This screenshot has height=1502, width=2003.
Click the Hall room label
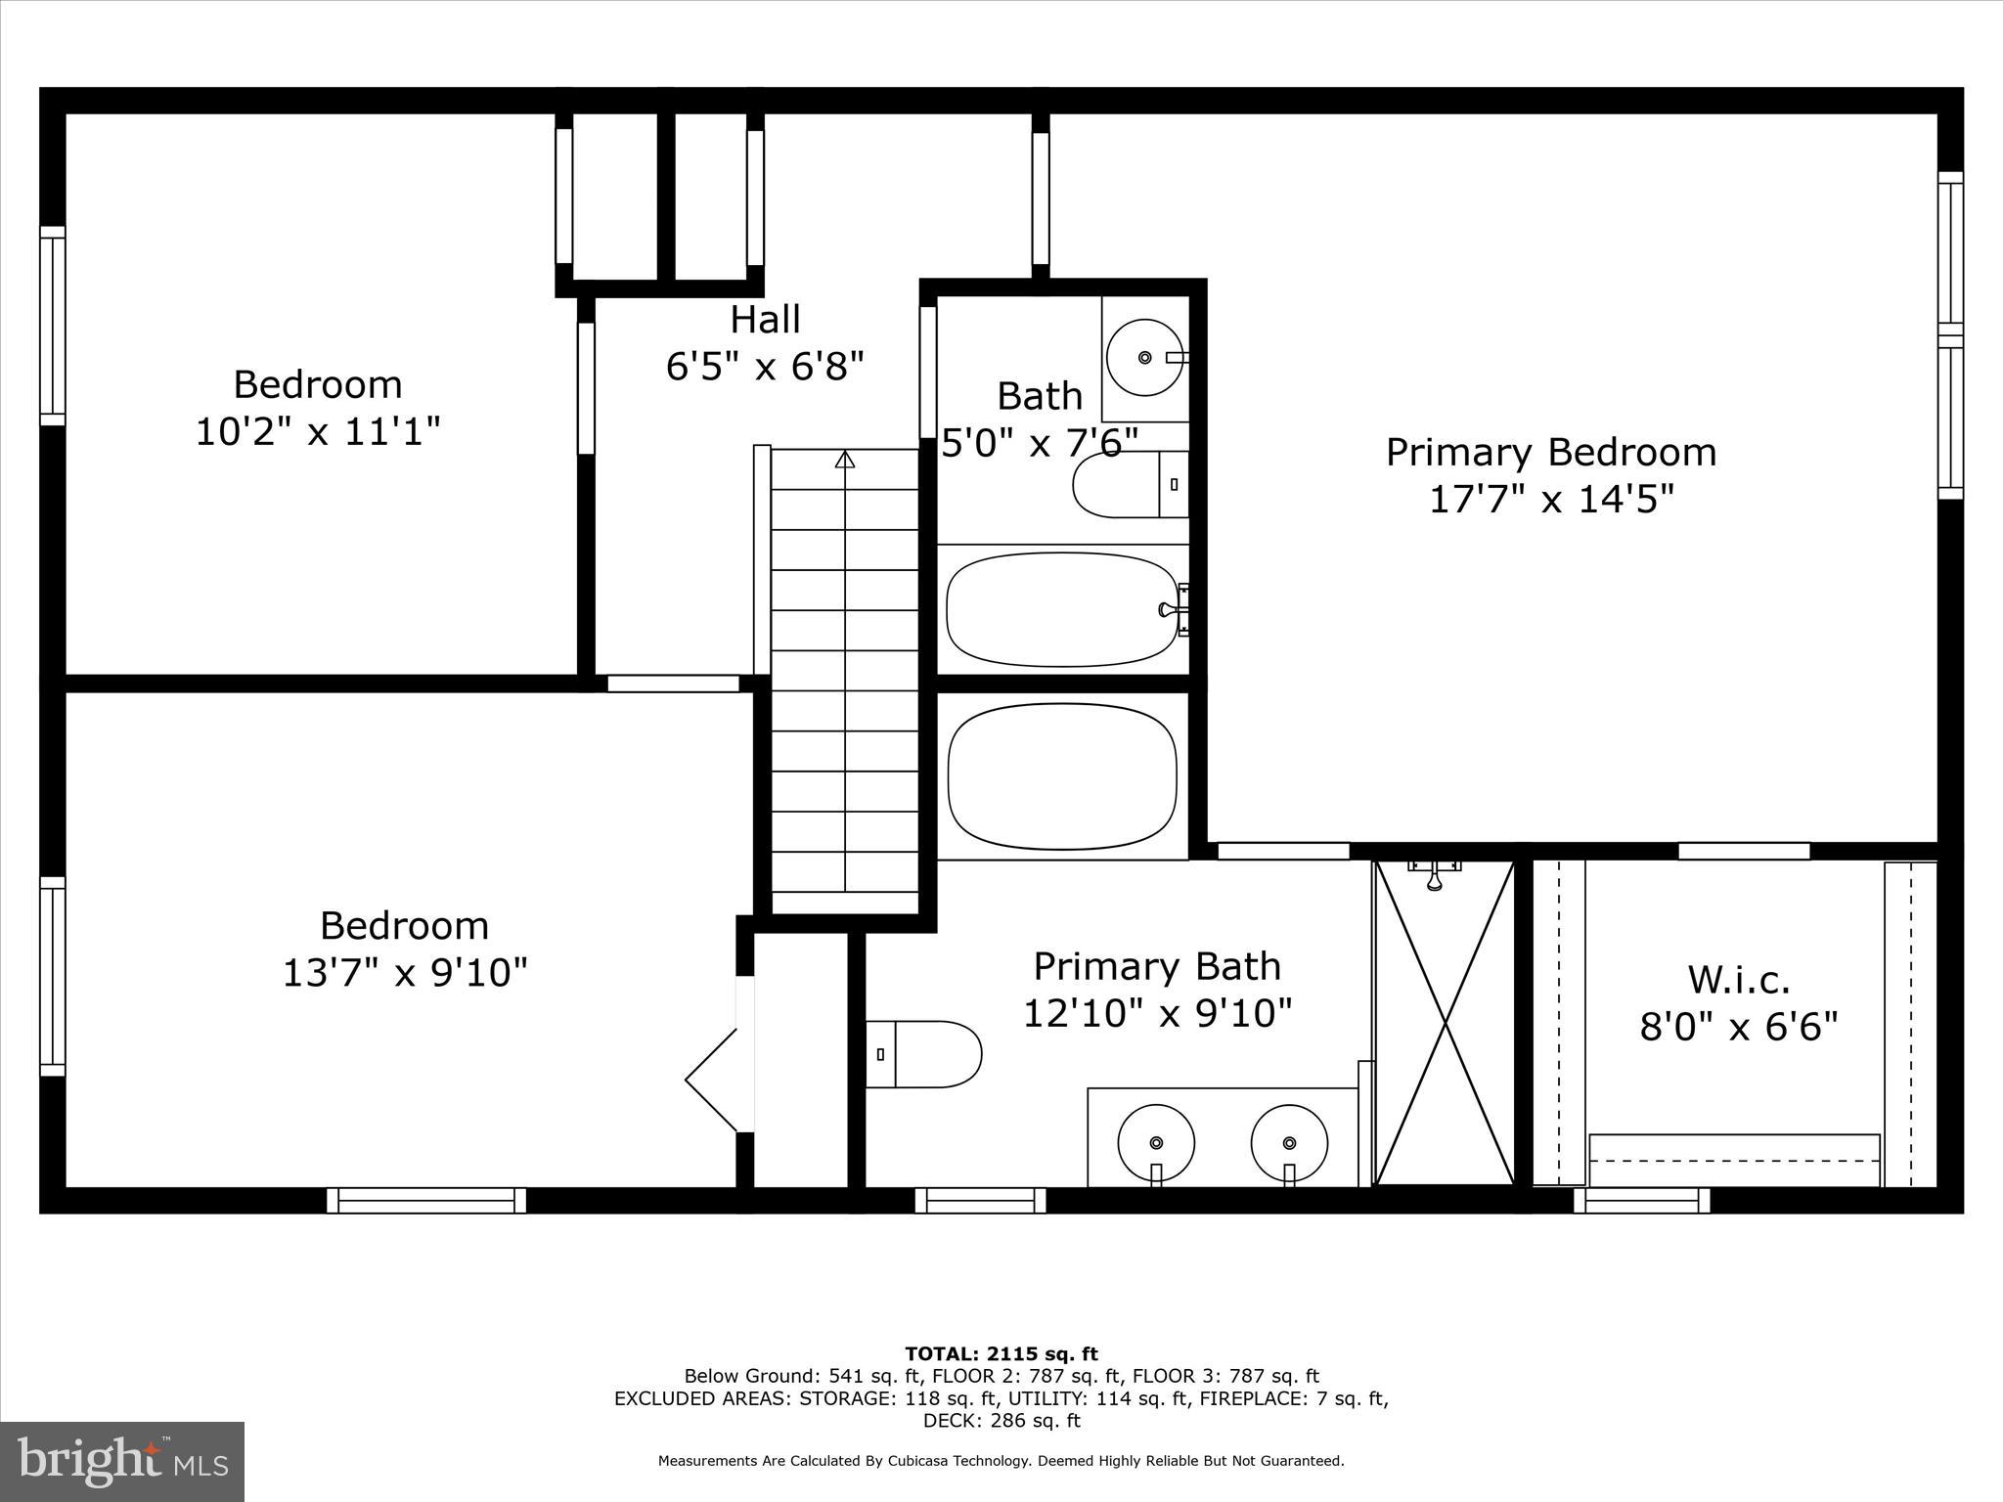click(x=765, y=320)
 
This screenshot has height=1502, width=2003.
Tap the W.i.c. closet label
click(x=1739, y=980)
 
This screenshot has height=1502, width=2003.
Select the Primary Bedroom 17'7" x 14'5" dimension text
click(x=1551, y=500)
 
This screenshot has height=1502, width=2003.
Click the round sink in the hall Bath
click(x=1144, y=358)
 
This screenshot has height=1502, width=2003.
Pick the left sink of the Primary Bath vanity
click(x=1156, y=1142)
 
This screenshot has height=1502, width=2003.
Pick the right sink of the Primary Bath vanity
click(x=1290, y=1142)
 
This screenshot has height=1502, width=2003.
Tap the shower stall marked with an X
click(x=1445, y=1023)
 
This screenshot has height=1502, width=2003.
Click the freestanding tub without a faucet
click(x=1062, y=776)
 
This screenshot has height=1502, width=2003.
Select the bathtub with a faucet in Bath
click(x=1062, y=609)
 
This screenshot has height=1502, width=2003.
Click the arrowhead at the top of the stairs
click(x=845, y=459)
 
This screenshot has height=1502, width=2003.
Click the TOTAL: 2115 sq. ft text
click(x=1001, y=1354)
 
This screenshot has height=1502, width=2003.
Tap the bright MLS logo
click(x=122, y=1462)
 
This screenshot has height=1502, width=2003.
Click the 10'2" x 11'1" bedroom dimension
click(x=318, y=430)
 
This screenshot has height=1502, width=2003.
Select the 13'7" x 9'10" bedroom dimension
click(x=405, y=972)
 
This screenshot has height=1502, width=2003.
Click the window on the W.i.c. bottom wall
click(x=1642, y=1200)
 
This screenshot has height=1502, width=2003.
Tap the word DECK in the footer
click(x=946, y=1421)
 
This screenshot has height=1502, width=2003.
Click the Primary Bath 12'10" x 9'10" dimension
click(x=1157, y=1013)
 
